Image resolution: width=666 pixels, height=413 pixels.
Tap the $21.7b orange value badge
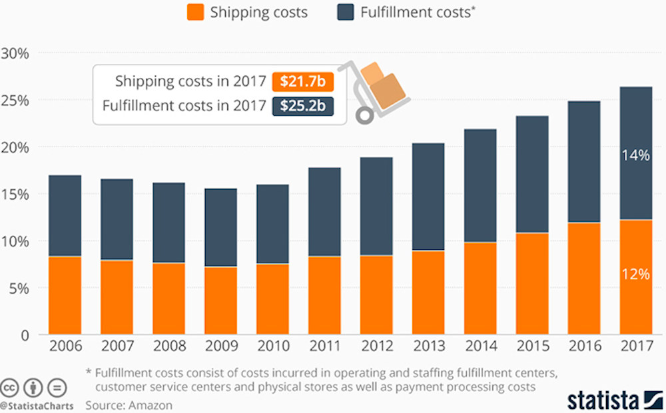point(302,82)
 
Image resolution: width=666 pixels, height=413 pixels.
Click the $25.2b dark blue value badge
point(302,106)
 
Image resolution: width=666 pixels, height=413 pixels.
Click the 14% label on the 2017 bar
point(635,155)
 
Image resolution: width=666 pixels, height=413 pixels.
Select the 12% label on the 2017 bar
point(635,274)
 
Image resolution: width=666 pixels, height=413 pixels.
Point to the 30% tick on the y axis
point(15,53)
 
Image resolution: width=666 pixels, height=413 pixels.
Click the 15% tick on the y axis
point(15,195)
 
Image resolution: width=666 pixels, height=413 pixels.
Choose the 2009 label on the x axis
point(220,347)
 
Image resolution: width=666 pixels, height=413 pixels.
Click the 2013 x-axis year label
point(428,347)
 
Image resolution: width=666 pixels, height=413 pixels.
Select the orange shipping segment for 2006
point(65,295)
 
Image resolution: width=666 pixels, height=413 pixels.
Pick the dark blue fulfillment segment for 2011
point(324,212)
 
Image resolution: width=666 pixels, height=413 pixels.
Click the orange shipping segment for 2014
point(480,288)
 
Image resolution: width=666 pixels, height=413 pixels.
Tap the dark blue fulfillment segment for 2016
point(584,162)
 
